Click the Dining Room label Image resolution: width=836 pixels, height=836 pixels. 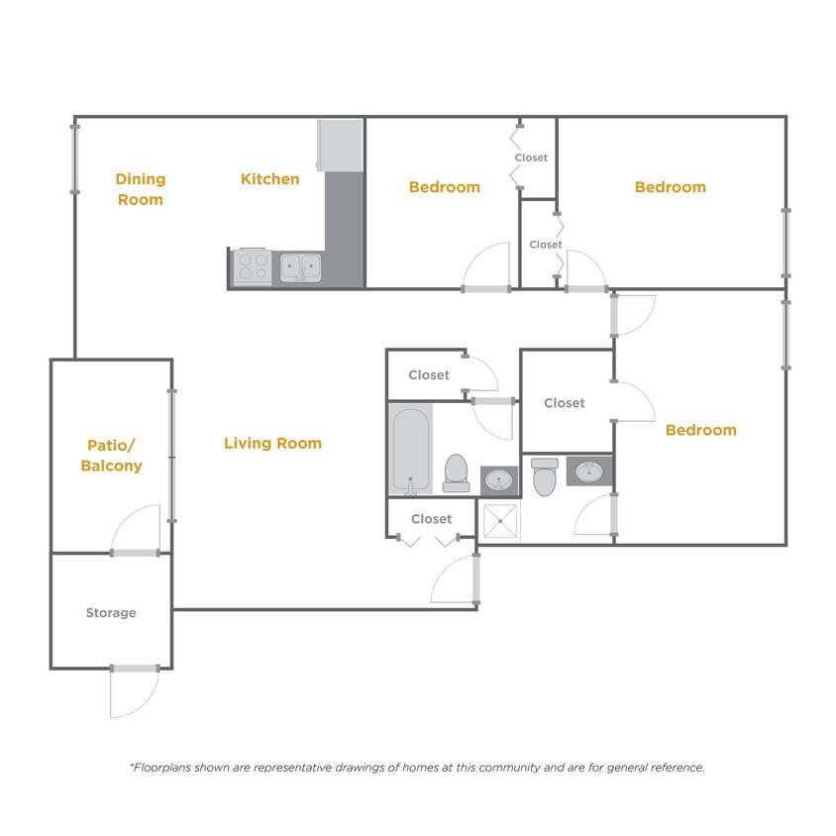[140, 189]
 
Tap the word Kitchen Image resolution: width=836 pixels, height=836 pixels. [269, 179]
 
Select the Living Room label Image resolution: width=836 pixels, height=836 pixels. [272, 444]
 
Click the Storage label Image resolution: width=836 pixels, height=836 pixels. [110, 613]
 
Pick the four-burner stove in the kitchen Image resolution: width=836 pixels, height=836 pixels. [252, 266]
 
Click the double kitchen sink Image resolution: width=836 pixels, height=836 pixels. [300, 266]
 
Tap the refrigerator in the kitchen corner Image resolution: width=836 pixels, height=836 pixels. [340, 145]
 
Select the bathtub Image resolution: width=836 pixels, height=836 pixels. [410, 451]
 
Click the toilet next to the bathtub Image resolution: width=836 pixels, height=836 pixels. [456, 472]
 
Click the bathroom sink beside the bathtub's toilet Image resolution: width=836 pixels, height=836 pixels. [498, 480]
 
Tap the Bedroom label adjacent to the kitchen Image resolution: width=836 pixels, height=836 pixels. [444, 187]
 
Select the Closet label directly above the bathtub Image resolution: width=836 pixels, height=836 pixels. [429, 375]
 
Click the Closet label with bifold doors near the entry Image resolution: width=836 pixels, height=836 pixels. [431, 519]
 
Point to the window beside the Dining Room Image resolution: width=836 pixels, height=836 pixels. [74, 157]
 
